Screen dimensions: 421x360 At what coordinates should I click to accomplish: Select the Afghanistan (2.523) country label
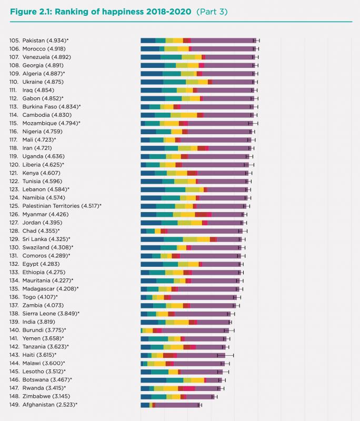(x=50, y=404)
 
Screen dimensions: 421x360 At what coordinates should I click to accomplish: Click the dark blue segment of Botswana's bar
(x=153, y=379)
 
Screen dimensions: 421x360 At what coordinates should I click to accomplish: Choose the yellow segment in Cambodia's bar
(x=189, y=115)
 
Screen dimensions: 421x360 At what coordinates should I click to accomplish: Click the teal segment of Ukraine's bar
(x=174, y=82)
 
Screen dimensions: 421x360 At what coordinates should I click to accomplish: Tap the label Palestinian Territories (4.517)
(x=62, y=206)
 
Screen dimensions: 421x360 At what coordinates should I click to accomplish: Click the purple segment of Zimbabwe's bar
(x=200, y=396)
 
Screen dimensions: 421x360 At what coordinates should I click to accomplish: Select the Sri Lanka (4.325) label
(x=47, y=239)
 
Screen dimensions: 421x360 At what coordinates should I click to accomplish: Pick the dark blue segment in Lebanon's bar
(x=153, y=189)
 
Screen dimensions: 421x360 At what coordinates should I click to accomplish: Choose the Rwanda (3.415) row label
(x=45, y=388)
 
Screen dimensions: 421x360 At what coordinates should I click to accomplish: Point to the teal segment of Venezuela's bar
(x=171, y=57)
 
